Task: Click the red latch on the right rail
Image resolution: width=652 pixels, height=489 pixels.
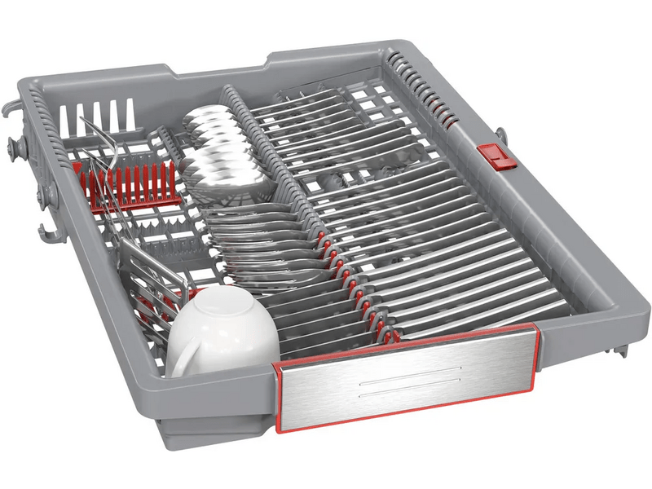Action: (x=496, y=155)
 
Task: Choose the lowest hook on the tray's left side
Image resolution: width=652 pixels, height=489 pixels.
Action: (x=49, y=233)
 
